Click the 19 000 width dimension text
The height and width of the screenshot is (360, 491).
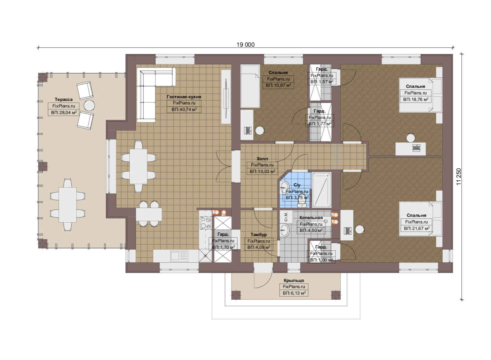coord(245,45)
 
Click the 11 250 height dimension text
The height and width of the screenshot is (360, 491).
coord(459,177)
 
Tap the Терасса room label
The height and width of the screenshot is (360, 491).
coord(64,99)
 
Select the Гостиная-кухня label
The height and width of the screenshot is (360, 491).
coord(184,97)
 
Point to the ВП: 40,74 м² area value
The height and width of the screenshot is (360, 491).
coord(184,109)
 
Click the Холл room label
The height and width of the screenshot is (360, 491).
coord(262,159)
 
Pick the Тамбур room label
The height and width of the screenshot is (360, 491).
coord(258,235)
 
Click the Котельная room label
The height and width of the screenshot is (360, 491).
coord(311,218)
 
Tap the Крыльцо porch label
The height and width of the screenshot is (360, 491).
coord(294,280)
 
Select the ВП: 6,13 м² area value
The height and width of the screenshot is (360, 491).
coord(294,293)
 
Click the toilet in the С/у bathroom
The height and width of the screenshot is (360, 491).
coord(302,201)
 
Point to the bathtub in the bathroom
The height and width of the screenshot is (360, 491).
coord(321,190)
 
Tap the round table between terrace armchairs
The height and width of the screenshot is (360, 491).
coord(89,106)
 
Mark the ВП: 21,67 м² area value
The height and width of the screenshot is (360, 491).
coord(416,228)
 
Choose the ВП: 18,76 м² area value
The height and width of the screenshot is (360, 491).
coord(416,99)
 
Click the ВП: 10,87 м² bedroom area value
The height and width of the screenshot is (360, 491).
coord(278,85)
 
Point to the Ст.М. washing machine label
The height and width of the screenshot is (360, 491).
coord(285,217)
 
